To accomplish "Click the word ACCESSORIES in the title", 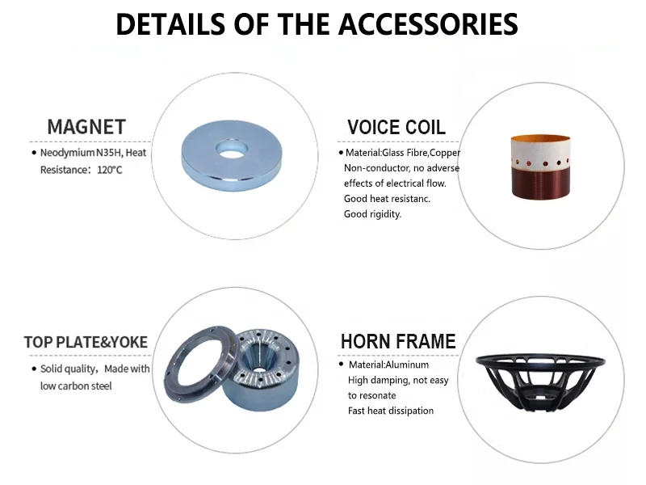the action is tap(428, 24).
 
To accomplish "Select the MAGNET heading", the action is tap(86, 127).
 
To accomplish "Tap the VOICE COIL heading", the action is tap(396, 127).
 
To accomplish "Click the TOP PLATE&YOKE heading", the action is tap(86, 342).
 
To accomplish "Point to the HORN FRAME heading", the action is tap(398, 341).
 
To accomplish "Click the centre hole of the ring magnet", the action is tap(232, 149).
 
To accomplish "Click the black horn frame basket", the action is tap(540, 382).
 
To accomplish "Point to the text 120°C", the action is tap(110, 170).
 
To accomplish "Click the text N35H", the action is tap(109, 153).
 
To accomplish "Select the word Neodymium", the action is tap(68, 153).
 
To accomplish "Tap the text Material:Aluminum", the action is tap(388, 365).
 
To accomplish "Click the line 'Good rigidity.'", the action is tap(372, 214).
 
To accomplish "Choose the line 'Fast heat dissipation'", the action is tap(391, 411).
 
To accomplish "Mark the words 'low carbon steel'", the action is tap(76, 386).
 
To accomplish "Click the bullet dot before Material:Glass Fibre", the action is tap(341, 153).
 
